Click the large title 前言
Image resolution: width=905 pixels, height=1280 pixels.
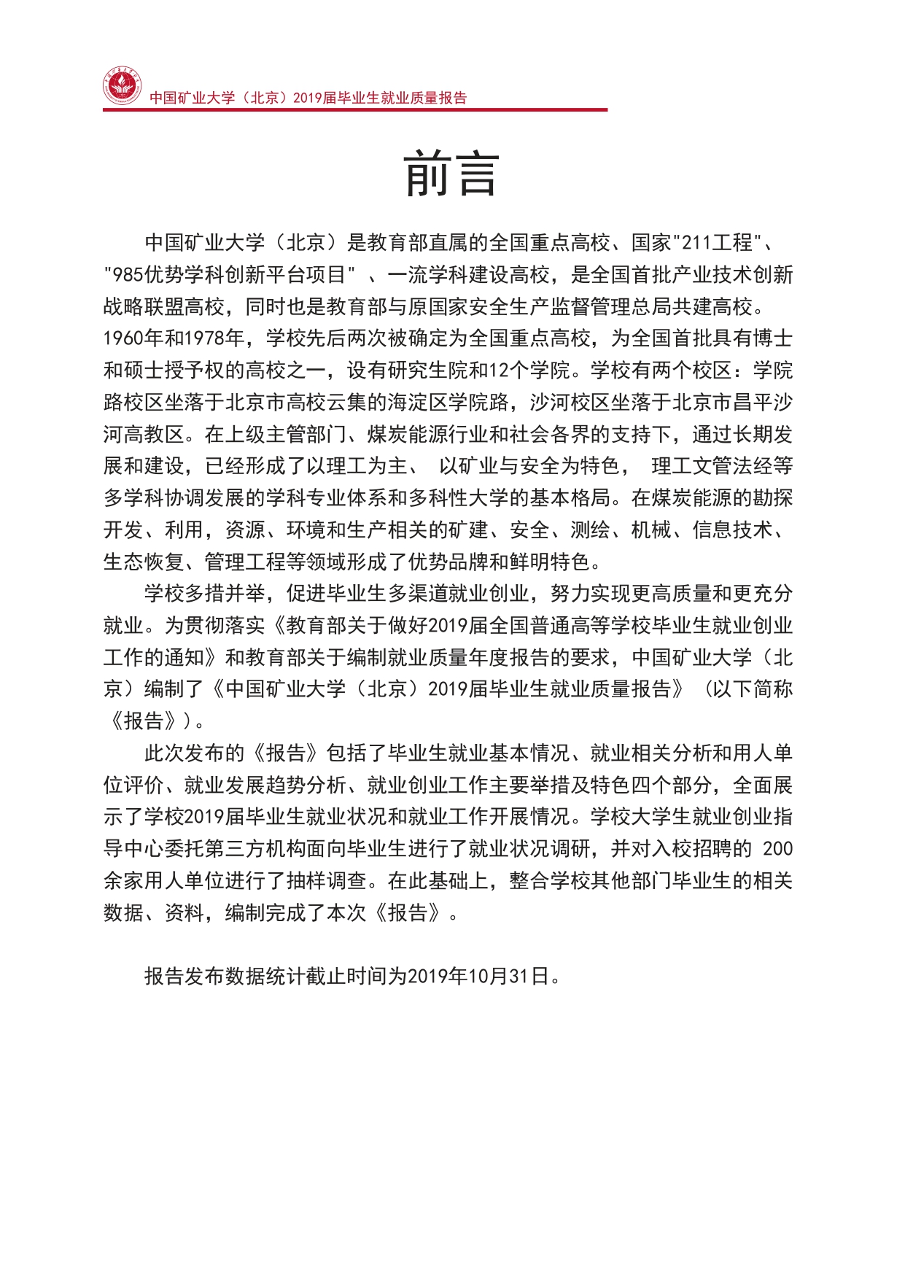coord(451,174)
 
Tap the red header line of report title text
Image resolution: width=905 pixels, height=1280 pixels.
coord(308,98)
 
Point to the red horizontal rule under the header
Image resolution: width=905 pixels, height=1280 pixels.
coord(354,110)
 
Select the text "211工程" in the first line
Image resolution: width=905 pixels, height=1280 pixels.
coord(718,242)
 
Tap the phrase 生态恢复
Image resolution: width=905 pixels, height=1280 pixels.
coord(144,562)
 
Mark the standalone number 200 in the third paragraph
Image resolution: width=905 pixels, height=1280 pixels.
coord(777,849)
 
